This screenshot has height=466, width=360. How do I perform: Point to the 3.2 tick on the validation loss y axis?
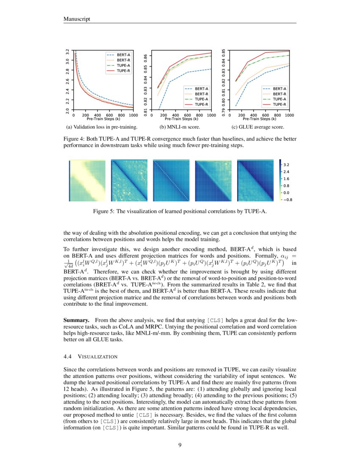tap(68, 52)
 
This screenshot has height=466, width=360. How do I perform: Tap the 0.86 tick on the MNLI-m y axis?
tap(146, 56)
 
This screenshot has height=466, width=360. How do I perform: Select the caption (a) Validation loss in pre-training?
tap(101, 127)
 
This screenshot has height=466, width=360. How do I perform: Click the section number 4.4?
tap(68, 356)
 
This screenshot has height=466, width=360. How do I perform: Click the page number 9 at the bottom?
tap(180, 444)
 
